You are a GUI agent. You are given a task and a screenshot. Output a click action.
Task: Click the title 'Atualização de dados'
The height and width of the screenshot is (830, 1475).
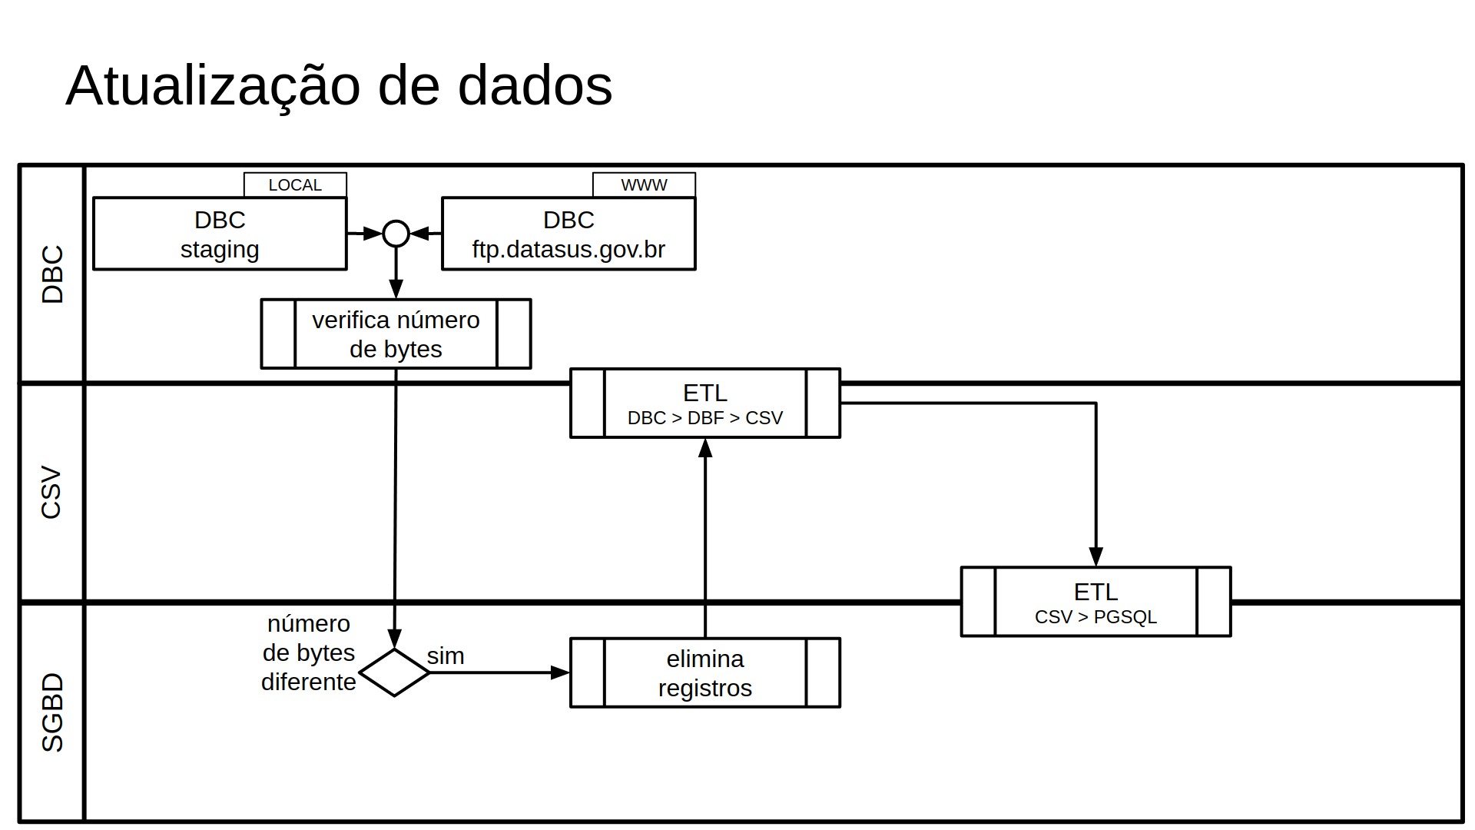339,85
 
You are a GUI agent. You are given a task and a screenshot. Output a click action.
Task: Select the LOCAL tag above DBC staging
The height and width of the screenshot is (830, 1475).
295,185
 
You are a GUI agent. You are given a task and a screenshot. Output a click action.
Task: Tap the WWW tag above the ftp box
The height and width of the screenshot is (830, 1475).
644,185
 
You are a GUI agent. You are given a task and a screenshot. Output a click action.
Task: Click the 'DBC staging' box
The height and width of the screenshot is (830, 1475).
220,234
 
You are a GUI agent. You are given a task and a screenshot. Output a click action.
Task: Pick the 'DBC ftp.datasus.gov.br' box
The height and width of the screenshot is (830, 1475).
568,234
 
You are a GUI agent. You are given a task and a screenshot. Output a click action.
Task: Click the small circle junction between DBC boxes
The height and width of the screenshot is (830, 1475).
396,233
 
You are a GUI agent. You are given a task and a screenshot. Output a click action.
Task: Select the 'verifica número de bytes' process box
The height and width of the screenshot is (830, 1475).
396,334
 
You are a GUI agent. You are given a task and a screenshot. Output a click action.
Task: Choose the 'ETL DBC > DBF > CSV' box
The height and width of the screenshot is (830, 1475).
704,403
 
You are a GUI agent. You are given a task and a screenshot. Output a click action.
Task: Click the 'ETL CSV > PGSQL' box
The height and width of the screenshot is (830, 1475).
1095,603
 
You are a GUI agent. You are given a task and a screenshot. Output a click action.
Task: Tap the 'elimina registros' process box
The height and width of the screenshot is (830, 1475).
704,672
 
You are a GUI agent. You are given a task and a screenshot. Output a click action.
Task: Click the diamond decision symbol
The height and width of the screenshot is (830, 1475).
394,672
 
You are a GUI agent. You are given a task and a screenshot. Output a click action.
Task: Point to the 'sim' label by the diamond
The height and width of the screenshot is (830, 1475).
446,656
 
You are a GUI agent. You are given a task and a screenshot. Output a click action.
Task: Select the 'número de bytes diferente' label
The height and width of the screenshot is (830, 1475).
309,652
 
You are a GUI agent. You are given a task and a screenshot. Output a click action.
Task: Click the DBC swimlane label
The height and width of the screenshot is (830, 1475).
52,274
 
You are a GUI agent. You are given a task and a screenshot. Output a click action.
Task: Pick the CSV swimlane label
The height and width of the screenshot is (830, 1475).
52,493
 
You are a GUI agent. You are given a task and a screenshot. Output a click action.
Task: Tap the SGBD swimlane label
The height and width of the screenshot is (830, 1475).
52,712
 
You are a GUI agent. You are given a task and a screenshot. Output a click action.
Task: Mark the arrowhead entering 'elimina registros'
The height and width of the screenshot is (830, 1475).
560,672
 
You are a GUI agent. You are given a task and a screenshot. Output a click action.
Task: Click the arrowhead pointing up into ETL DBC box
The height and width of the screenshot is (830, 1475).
705,448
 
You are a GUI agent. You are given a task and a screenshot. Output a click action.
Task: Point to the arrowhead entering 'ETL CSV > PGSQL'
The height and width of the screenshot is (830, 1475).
1095,556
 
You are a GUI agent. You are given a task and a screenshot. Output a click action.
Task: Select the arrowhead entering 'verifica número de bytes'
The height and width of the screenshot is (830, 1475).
396,289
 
